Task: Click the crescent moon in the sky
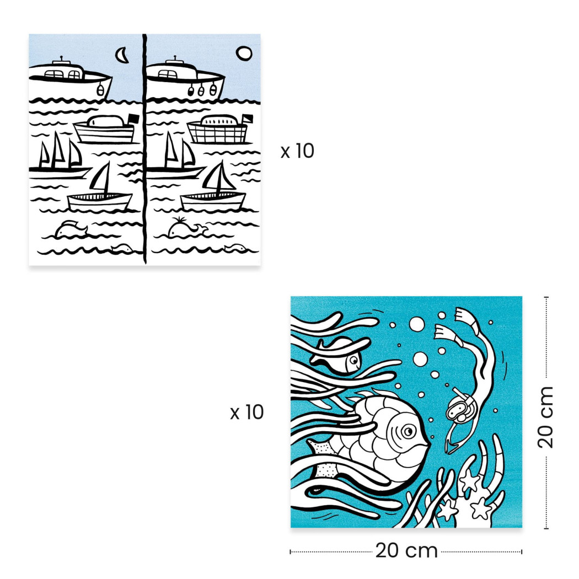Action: point(122,54)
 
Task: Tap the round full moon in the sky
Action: point(243,53)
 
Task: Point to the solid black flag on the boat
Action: point(132,119)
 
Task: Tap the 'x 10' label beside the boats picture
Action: point(297,151)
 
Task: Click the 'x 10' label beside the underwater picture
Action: point(246,412)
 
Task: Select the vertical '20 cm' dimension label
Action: point(546,416)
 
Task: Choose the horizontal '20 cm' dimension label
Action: point(406,550)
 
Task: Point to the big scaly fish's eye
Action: point(407,431)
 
